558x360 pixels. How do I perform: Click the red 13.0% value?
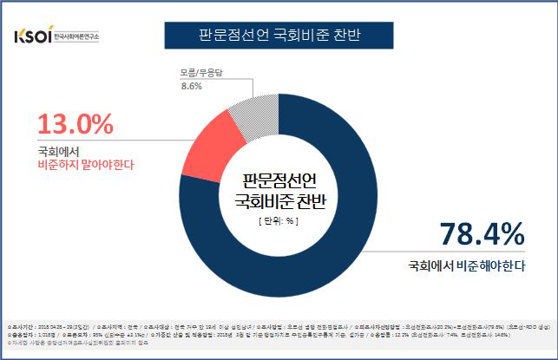pyautogui.click(x=75, y=126)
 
